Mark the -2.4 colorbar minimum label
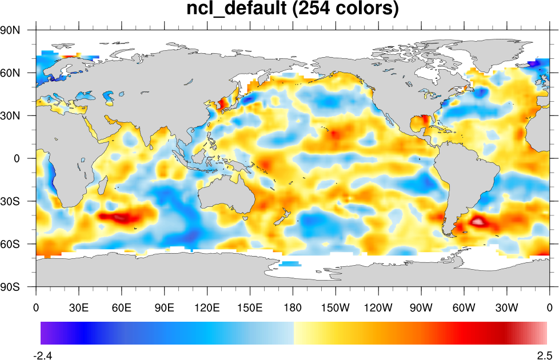43,355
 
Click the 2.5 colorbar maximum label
544,355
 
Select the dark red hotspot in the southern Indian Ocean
123,217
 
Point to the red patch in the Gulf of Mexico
423,121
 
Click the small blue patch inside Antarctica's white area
290,263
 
